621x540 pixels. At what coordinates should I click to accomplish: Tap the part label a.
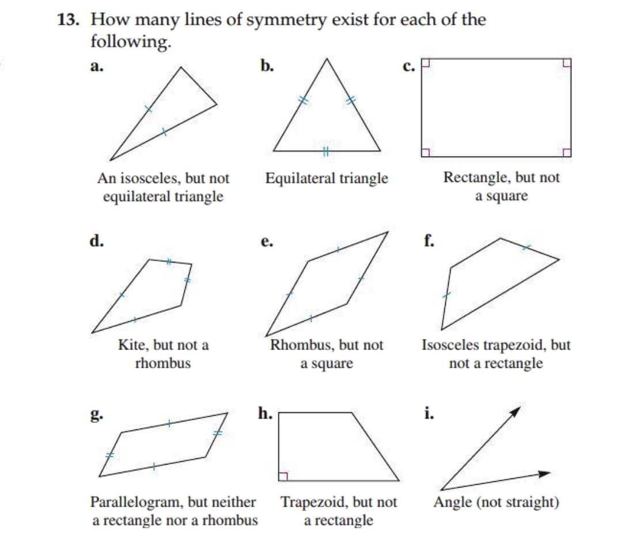coord(96,66)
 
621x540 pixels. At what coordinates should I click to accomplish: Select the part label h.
coord(265,414)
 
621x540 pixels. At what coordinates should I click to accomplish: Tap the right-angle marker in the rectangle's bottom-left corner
coord(426,152)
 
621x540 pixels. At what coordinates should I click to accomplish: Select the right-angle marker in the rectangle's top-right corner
coord(567,63)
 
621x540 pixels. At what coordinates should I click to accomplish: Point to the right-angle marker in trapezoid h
coord(283,476)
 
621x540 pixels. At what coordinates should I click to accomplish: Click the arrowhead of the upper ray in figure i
coord(516,410)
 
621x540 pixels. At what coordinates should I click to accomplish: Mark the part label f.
coord(429,241)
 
